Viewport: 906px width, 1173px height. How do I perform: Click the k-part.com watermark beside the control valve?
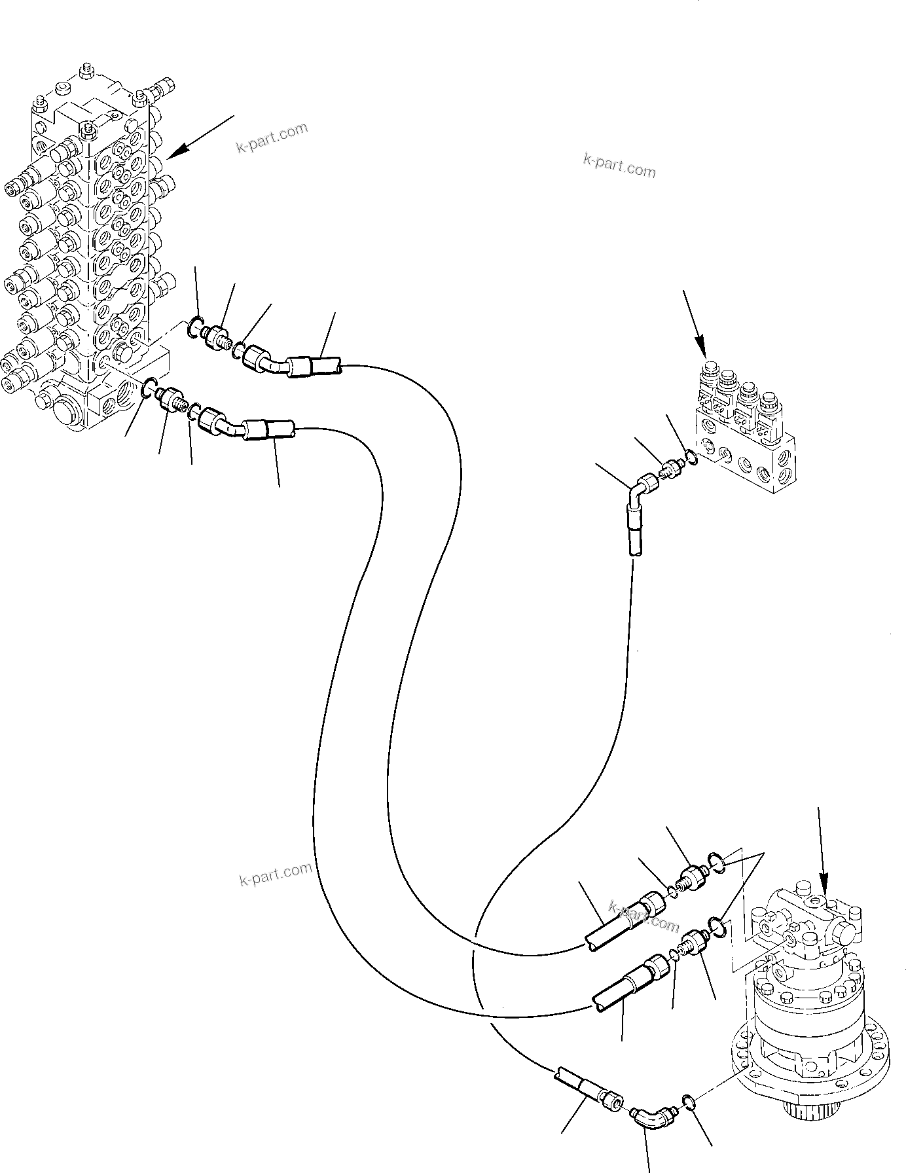[272, 137]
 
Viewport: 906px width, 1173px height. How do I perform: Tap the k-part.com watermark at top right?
[619, 165]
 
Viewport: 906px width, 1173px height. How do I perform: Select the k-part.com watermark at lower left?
[275, 873]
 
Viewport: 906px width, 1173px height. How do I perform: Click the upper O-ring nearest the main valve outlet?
[195, 325]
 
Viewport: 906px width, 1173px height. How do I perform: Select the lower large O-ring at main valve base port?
[149, 388]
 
